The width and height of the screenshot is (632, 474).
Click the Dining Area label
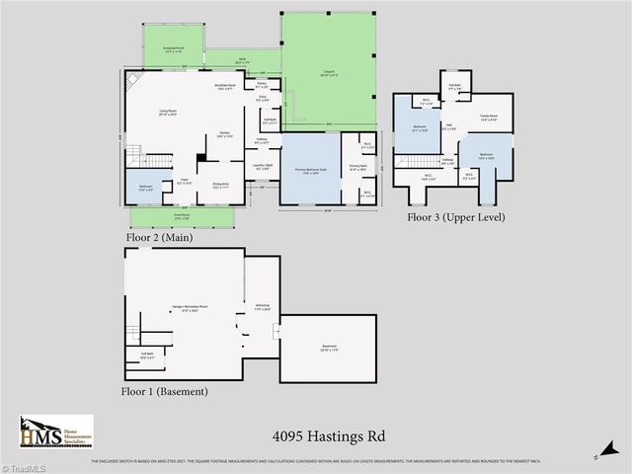tap(220, 187)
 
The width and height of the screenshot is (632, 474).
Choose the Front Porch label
tap(182, 219)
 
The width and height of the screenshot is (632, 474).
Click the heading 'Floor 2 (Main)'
tap(159, 237)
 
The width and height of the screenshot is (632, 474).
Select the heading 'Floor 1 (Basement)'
tap(165, 392)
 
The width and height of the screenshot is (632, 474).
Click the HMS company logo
tap(55, 433)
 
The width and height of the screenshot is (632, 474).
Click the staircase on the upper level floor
tap(408, 161)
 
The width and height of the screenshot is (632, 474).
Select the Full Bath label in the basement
tap(147, 354)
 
